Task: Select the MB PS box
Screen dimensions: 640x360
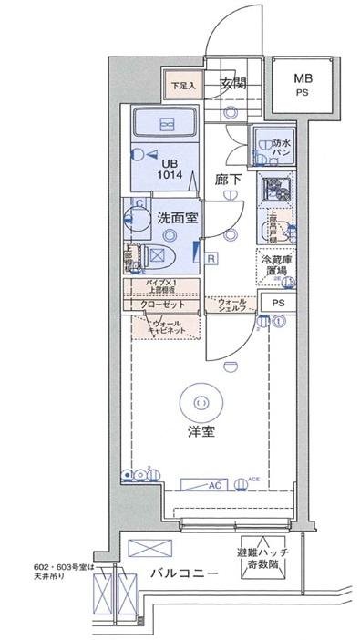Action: point(301,85)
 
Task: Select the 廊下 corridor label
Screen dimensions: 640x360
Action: point(228,180)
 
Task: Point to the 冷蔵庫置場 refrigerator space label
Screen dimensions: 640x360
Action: point(276,265)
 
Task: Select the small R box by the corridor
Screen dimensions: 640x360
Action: point(211,258)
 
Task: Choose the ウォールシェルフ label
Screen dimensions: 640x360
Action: point(233,305)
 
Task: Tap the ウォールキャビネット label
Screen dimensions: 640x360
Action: point(166,326)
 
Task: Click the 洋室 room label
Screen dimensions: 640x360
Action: point(202,431)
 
